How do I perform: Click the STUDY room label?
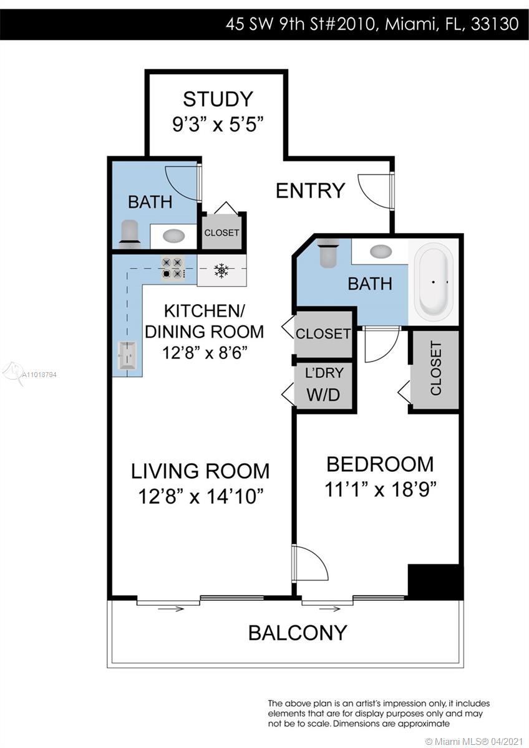click(x=218, y=99)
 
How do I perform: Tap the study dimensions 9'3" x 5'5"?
click(x=218, y=125)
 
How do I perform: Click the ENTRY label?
click(x=310, y=191)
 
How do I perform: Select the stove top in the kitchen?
click(x=173, y=269)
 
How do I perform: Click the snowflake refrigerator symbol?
click(x=221, y=270)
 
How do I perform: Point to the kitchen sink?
click(x=127, y=355)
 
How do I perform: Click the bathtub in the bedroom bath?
click(x=434, y=282)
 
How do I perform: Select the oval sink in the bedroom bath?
click(x=381, y=251)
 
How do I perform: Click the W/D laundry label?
click(x=323, y=395)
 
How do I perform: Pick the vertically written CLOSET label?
click(x=436, y=368)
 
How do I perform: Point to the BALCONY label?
click(x=298, y=633)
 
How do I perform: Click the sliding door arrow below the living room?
click(x=171, y=609)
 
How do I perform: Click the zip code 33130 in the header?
click(x=495, y=24)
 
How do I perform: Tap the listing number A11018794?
click(x=39, y=375)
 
